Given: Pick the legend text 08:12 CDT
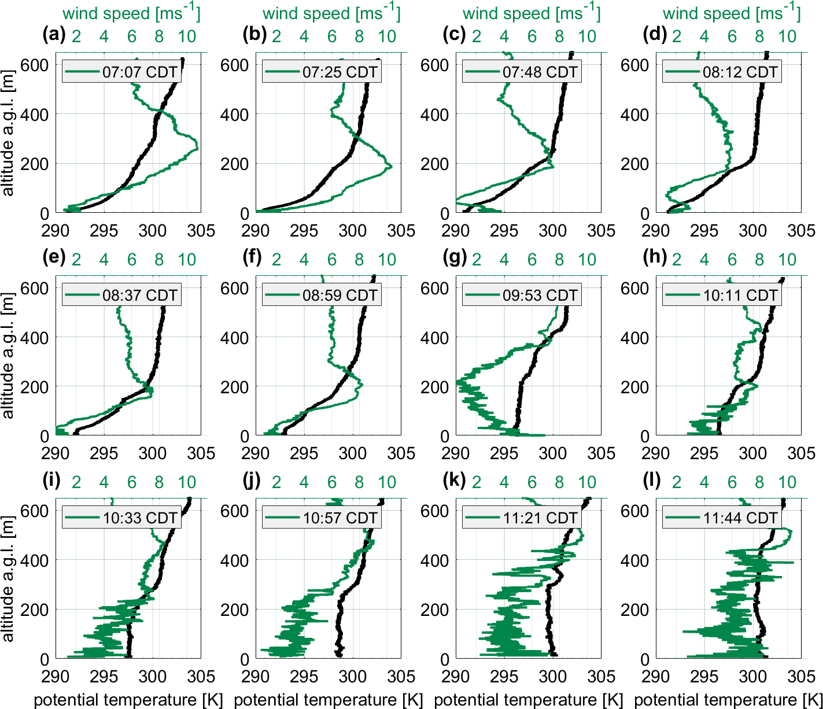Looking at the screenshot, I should click(740, 72).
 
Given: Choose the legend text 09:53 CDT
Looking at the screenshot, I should click(540, 296).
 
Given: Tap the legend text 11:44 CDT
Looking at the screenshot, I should click(740, 518).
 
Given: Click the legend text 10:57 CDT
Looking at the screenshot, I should click(340, 518).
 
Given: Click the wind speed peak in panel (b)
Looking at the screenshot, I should click(392, 167).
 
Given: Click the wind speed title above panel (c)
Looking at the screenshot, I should click(532, 13).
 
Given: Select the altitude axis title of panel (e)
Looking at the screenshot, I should click(8, 356).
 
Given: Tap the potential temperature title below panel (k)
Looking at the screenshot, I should click(528, 700).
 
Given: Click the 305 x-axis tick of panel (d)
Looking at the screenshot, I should click(801, 231).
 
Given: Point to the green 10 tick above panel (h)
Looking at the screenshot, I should click(787, 260).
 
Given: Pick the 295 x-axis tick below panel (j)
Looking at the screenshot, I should click(304, 677).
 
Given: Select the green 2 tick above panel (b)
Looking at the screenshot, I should click(276, 36).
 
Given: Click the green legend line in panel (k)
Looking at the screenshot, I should click(482, 518).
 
